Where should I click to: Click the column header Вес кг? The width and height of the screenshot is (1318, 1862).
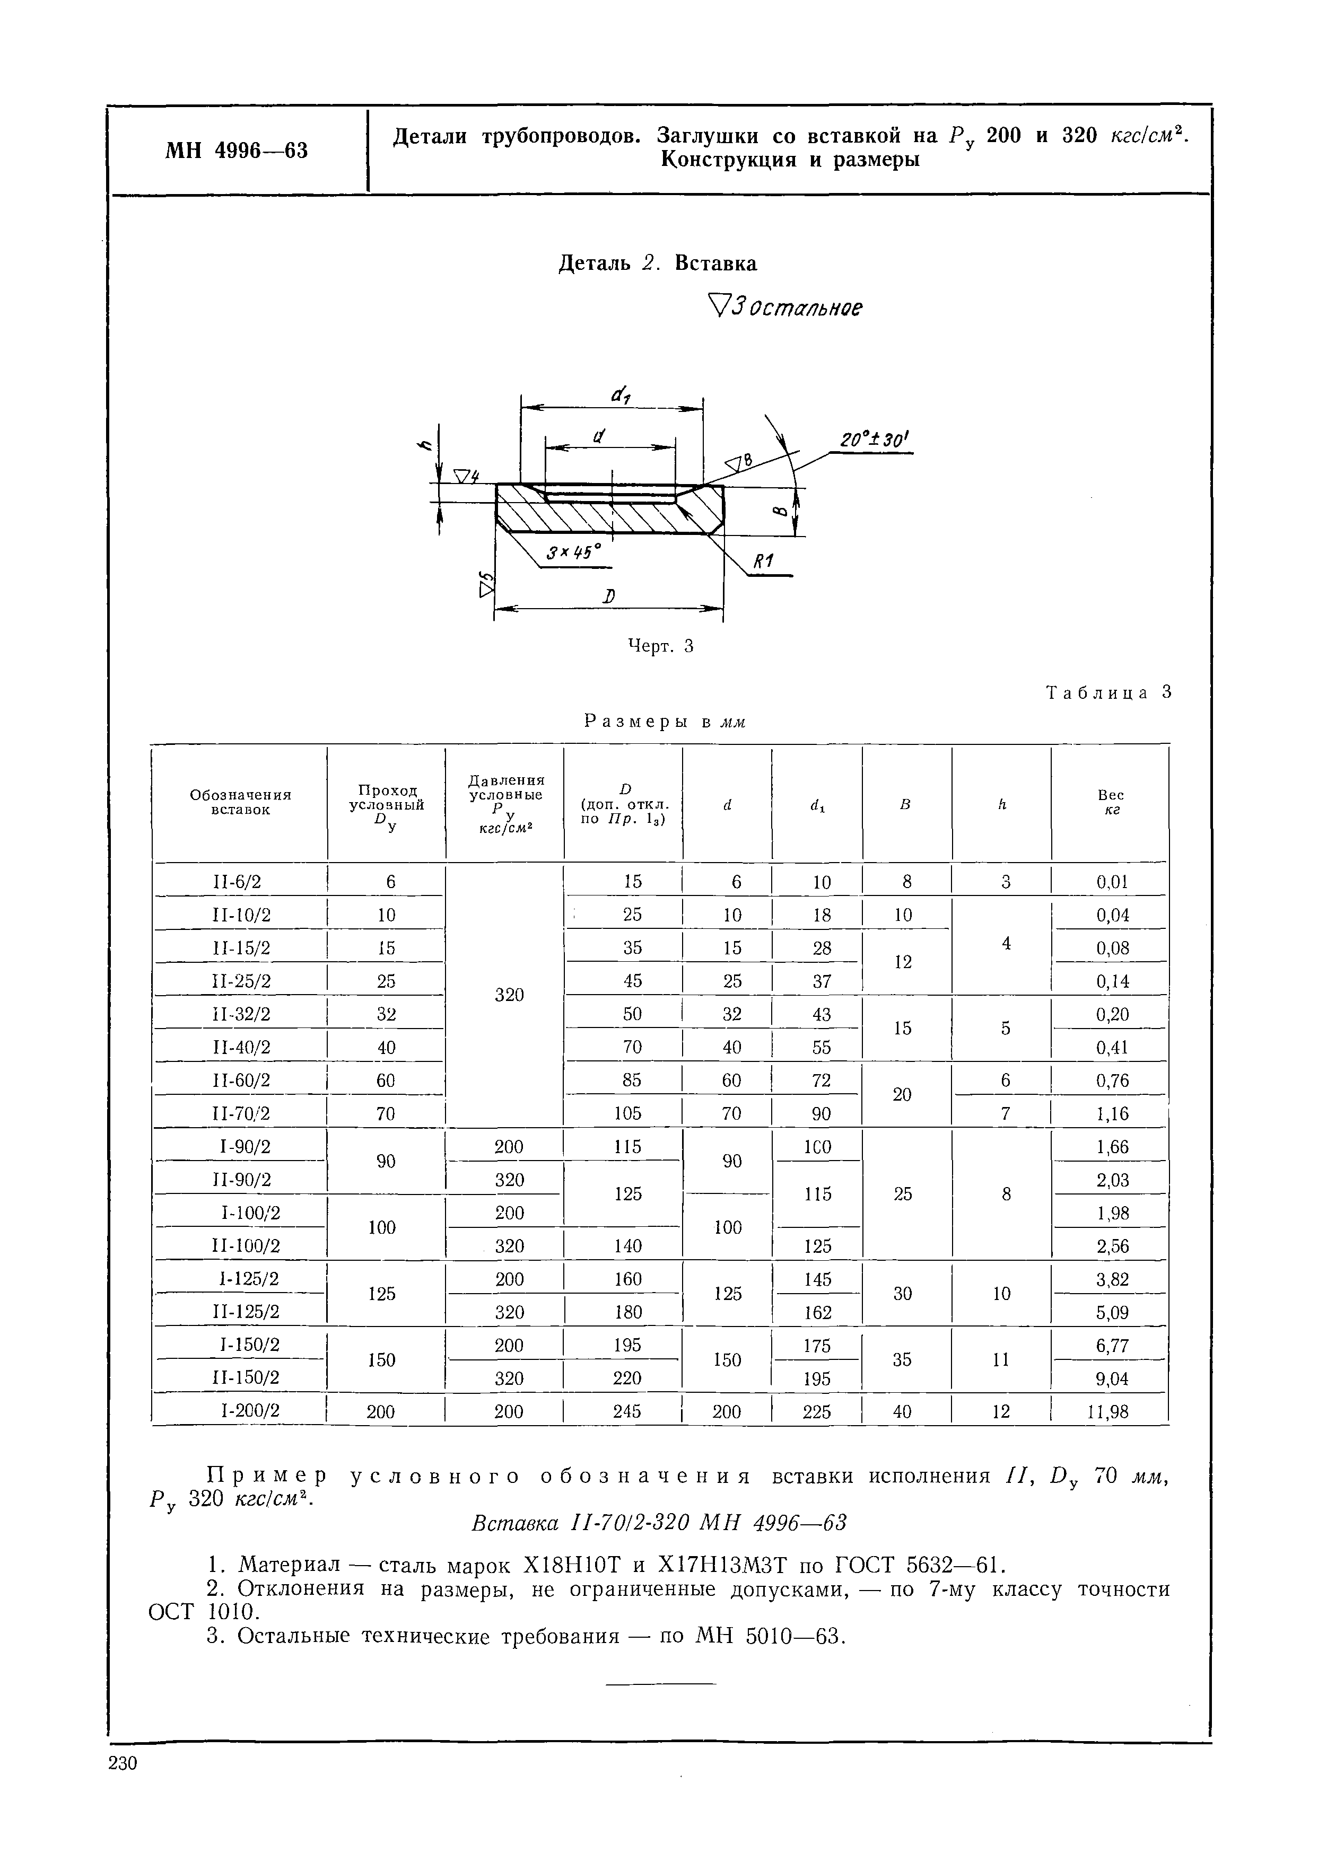click(1110, 802)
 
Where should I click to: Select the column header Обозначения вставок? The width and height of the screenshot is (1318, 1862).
click(240, 802)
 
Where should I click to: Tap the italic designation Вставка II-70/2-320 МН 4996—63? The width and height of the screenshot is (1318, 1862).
click(659, 1523)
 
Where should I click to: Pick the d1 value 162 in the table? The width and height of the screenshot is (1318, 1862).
click(817, 1312)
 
